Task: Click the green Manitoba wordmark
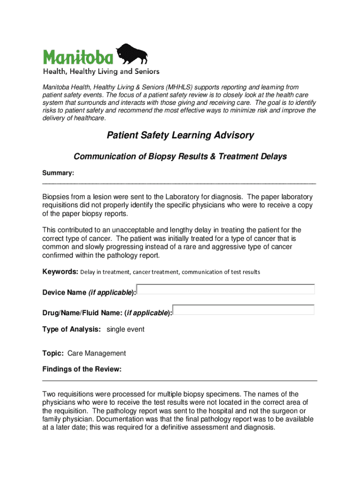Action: (78, 57)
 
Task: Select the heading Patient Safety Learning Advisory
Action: (180, 135)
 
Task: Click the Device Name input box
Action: (226, 290)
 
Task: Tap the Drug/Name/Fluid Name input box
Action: (244, 310)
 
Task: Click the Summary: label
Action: (58, 173)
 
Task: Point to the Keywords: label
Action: (60, 272)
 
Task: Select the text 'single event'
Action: (126, 329)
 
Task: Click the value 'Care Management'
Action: (97, 353)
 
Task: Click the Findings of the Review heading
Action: (82, 369)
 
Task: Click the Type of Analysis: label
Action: (72, 329)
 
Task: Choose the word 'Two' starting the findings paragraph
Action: (49, 394)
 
